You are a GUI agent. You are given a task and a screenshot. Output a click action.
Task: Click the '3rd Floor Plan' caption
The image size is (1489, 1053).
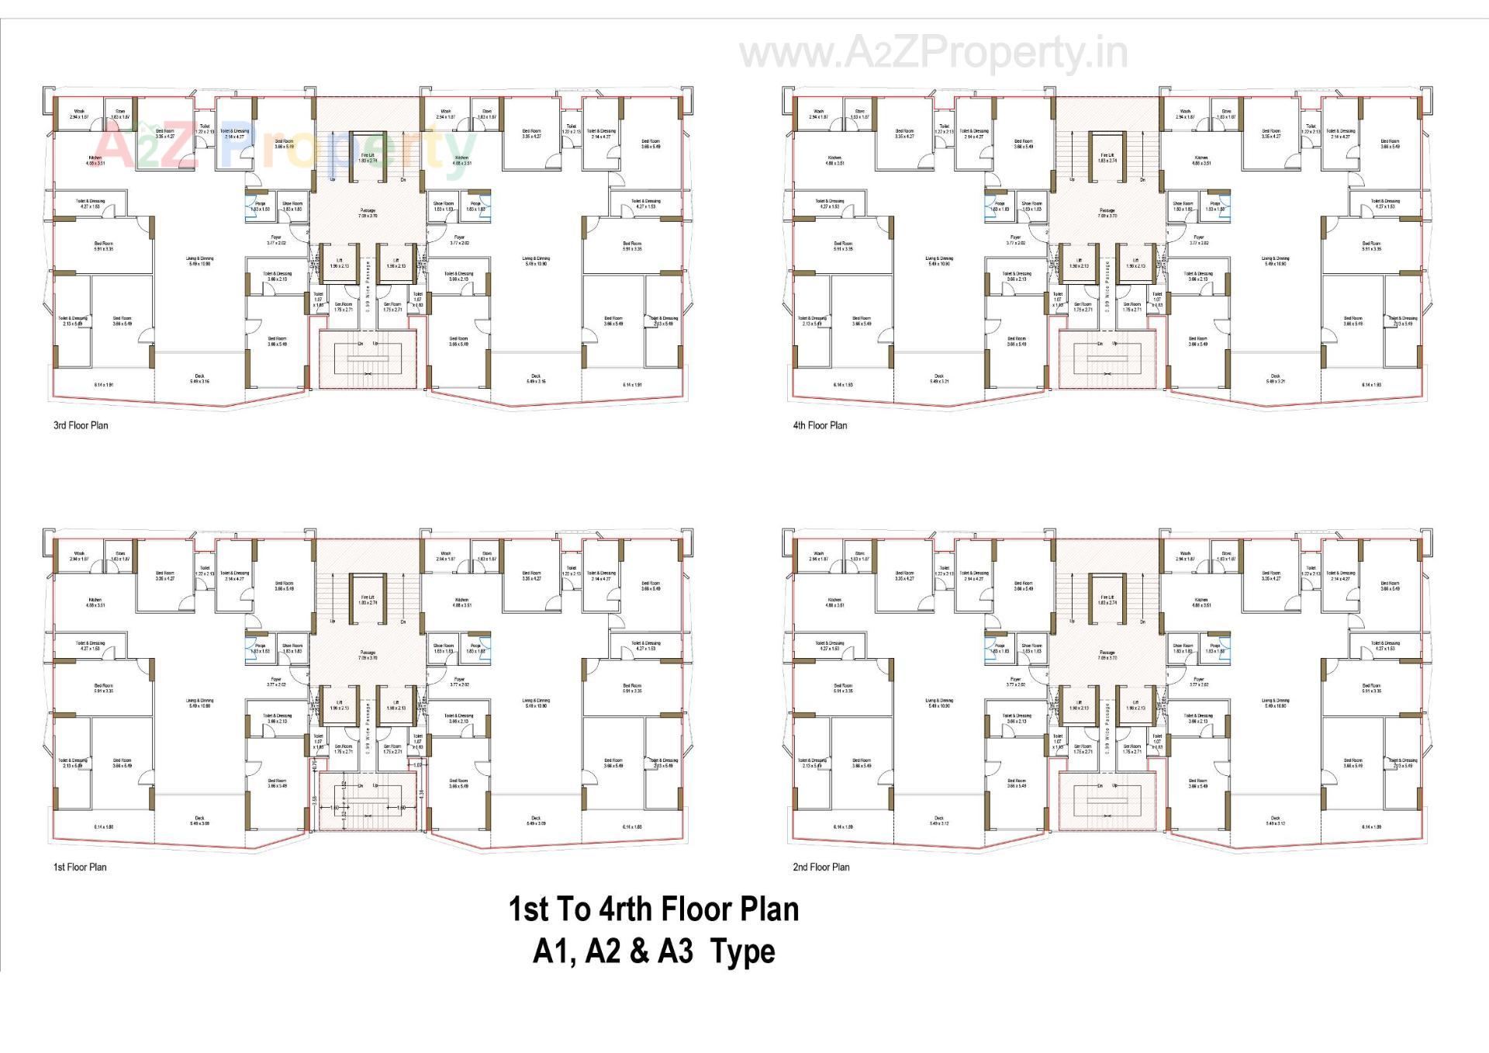tap(81, 425)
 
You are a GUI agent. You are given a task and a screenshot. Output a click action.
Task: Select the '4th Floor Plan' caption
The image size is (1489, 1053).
tap(820, 425)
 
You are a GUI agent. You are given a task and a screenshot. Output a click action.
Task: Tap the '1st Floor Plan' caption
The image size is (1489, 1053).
tap(80, 867)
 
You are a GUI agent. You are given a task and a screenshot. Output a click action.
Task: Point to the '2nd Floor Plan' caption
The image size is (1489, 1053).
tap(821, 867)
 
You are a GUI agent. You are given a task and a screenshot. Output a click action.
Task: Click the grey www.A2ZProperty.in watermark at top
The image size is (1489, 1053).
tap(934, 54)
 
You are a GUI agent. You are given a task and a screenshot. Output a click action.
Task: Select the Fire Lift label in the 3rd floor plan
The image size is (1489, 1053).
tap(368, 158)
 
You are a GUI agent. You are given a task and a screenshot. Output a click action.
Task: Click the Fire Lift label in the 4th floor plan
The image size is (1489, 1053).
tap(1107, 158)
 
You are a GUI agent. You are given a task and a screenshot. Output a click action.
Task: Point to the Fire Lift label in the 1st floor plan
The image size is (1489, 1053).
tap(368, 599)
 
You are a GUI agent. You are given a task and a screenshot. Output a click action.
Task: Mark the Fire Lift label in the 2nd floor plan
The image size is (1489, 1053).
tap(1107, 599)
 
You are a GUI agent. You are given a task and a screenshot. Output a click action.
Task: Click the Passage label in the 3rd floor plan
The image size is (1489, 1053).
tap(368, 213)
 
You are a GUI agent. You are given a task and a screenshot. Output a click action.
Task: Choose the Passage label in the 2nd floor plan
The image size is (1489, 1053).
tap(1107, 655)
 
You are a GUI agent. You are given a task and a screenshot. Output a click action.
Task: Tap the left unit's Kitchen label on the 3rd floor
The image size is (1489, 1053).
tap(95, 160)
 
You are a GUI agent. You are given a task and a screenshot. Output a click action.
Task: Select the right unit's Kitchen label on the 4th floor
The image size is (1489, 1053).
tap(1201, 160)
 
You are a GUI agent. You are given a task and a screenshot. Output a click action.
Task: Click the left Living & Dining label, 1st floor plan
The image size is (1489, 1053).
tap(199, 703)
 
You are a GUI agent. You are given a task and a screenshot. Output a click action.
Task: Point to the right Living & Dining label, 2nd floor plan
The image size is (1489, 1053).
tap(1276, 703)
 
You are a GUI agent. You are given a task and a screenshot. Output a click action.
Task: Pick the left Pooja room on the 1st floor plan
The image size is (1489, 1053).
tap(261, 648)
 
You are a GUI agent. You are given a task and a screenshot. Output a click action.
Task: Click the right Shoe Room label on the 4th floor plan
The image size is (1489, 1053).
tap(1183, 206)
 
